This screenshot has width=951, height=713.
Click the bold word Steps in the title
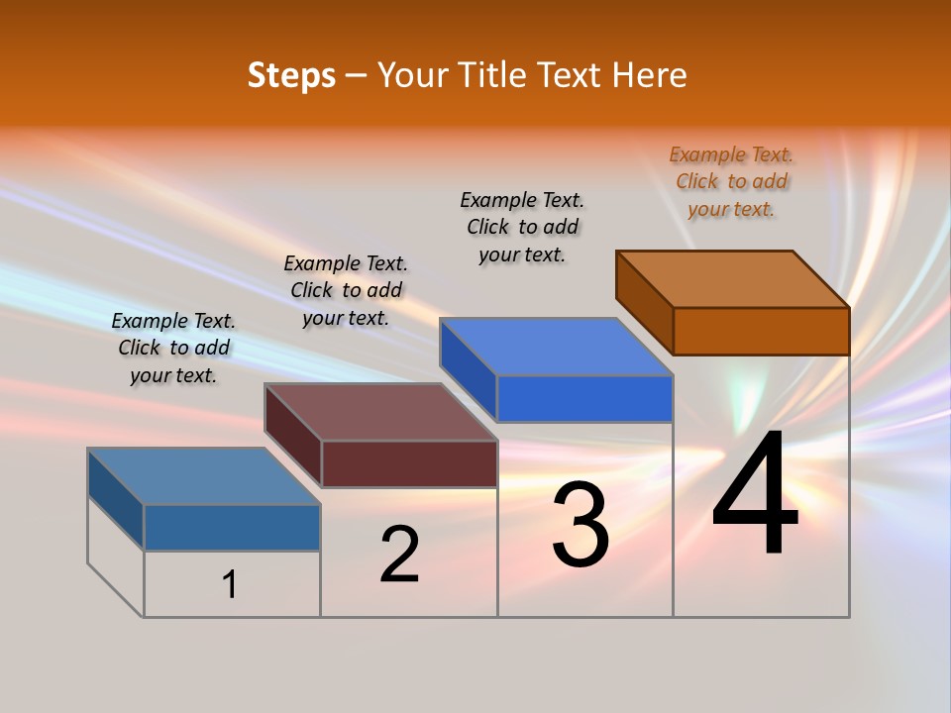(x=290, y=75)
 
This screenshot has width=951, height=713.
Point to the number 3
(x=580, y=525)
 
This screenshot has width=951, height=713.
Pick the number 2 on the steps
(x=399, y=555)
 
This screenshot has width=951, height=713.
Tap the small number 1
(x=230, y=584)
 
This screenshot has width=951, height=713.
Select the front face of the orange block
(x=761, y=331)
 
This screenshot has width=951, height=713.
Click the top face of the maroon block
(x=381, y=412)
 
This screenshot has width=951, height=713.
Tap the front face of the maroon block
(x=409, y=463)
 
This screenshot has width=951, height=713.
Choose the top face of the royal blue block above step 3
(x=557, y=347)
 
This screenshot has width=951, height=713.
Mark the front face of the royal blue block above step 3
(x=584, y=398)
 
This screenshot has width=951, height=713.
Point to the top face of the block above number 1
(x=204, y=476)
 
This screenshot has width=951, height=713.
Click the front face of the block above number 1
(x=232, y=527)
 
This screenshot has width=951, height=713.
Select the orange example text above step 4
(x=731, y=181)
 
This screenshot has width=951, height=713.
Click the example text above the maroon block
(x=346, y=290)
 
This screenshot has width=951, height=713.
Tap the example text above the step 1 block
(x=173, y=348)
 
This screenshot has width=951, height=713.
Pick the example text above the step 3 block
(x=522, y=227)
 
